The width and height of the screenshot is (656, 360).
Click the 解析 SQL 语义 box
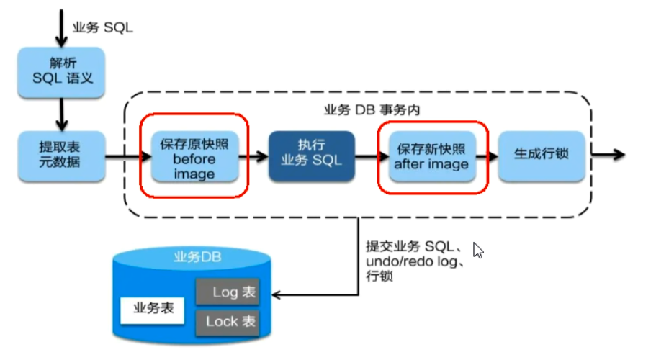[63, 70]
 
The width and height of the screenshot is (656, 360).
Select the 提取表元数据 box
[61, 153]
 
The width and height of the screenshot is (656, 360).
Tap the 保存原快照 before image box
[194, 158]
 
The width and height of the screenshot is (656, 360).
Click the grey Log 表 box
[226, 292]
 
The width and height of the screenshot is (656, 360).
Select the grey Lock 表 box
[226, 321]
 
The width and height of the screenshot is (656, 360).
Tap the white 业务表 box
[153, 310]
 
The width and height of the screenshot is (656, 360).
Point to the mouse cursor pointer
[477, 250]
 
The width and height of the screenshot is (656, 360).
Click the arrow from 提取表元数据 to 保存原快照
[121, 154]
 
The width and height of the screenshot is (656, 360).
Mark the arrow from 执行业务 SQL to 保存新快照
[366, 154]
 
